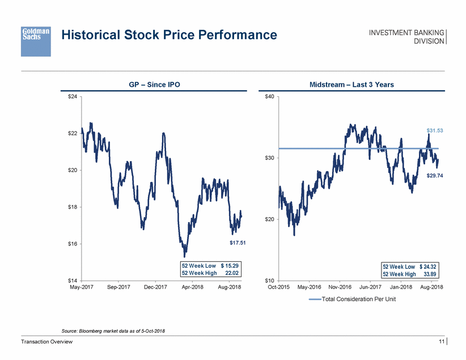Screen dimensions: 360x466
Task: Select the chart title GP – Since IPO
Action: pos(155,84)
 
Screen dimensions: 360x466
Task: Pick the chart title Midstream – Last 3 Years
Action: pos(352,84)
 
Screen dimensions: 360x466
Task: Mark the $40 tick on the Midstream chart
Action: pos(270,97)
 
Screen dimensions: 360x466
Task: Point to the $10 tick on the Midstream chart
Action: pos(270,281)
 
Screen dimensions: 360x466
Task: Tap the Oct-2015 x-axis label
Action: pos(278,287)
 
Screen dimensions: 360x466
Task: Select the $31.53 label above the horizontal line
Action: pos(435,131)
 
